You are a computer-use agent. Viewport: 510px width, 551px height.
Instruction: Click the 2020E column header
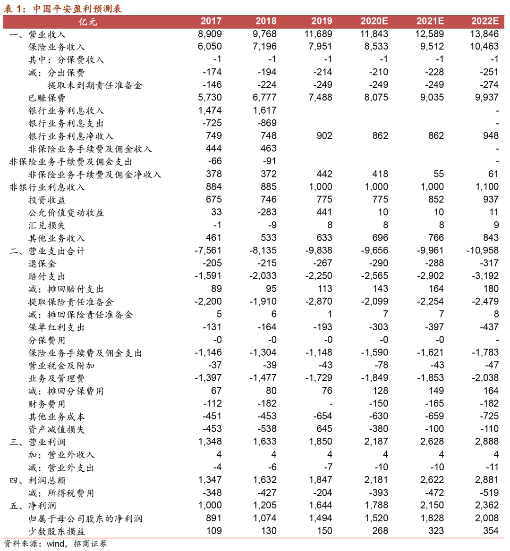click(x=374, y=21)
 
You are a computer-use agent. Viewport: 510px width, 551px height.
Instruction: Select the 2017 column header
click(x=211, y=21)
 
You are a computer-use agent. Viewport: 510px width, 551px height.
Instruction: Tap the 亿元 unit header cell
click(x=88, y=22)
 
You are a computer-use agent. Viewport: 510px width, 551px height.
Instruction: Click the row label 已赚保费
click(x=47, y=98)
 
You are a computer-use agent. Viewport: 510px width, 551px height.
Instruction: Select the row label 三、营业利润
click(x=37, y=442)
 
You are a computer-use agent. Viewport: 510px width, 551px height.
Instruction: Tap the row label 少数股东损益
click(x=57, y=531)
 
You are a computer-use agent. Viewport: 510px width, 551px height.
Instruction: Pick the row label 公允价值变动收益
click(x=66, y=213)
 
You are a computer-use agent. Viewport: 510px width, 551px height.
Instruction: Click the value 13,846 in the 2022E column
click(x=484, y=34)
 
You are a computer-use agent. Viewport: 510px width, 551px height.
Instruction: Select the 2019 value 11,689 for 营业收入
click(x=318, y=34)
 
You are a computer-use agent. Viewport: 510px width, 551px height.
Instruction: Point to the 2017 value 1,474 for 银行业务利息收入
click(x=210, y=110)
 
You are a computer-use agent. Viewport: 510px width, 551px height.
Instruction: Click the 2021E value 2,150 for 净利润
click(x=430, y=505)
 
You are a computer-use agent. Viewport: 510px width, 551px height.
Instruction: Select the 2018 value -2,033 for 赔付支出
click(x=263, y=276)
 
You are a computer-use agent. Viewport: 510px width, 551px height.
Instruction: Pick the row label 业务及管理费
click(x=57, y=378)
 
